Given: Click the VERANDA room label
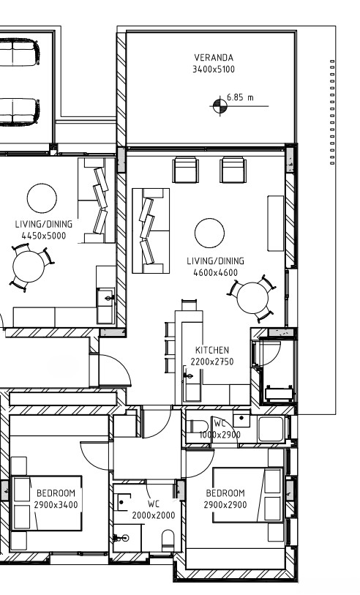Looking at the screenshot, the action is point(214,58).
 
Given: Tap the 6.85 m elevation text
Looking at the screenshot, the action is point(240,97).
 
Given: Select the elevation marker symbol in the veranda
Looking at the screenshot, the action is point(220,106).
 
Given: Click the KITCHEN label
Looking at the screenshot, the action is point(212,350).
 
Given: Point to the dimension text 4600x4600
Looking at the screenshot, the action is point(215,272).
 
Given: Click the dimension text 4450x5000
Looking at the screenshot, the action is point(44,236).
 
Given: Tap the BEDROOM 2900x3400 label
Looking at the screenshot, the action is point(56,499).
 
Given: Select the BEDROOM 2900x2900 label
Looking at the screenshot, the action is point(225,499).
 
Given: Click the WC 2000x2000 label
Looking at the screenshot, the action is point(154,509).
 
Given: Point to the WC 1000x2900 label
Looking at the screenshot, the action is point(220,429).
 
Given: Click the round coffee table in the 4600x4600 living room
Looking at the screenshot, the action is point(209,233).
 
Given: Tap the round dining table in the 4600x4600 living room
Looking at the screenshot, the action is point(252,298).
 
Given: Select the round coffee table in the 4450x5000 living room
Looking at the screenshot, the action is point(42,198).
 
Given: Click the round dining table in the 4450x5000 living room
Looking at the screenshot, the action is point(29,266).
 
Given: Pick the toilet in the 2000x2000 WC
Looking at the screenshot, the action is point(168,540).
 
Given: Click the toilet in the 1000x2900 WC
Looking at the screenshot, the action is point(198,427).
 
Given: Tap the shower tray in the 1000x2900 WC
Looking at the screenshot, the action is point(271,429).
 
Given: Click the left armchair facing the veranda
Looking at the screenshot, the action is point(186,170).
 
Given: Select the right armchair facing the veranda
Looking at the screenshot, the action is point(233,170).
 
